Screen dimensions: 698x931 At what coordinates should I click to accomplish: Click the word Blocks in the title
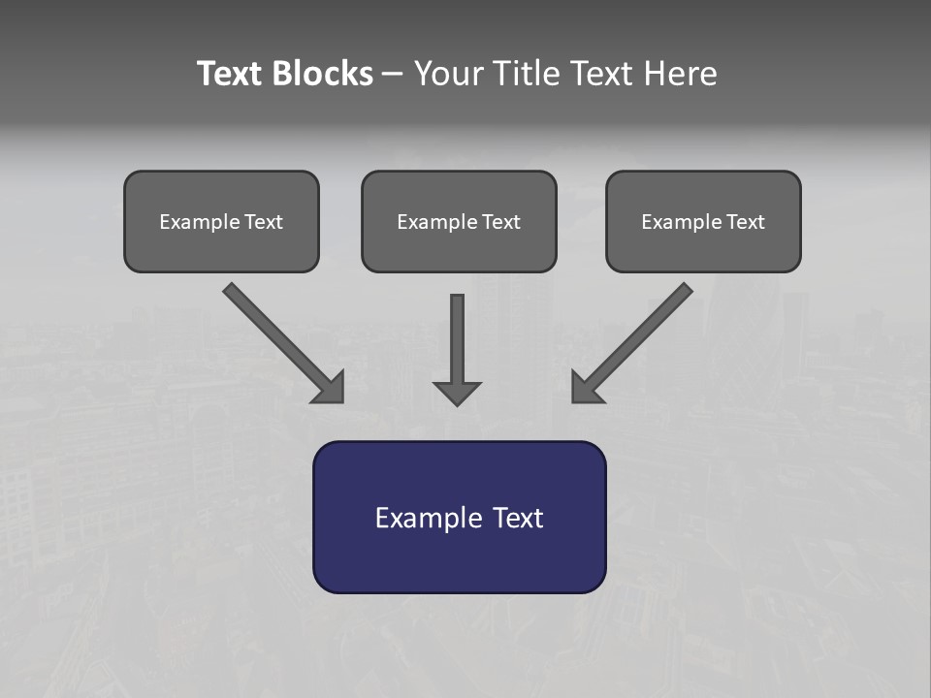point(322,74)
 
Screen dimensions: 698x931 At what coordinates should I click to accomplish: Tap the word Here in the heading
point(682,74)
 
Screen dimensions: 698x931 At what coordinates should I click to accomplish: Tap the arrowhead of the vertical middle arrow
point(457,393)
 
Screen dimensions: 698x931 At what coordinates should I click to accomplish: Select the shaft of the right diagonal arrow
point(644,331)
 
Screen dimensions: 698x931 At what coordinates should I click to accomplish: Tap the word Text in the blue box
point(518,518)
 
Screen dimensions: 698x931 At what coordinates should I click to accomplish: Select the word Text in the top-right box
point(746,222)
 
